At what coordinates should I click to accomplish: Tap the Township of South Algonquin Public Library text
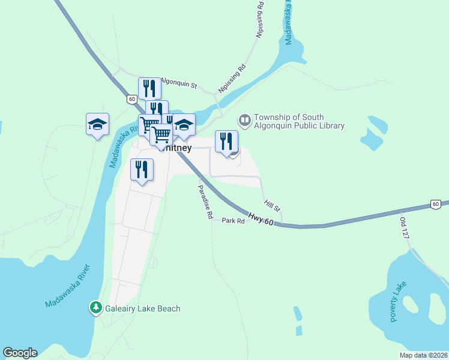[299, 121]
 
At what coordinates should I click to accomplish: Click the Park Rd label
[234, 221]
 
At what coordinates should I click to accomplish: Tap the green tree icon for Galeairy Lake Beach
[95, 308]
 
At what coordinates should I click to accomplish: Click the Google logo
[20, 353]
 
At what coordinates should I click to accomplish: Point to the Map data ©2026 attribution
[423, 355]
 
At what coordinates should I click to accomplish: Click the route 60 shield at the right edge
[436, 205]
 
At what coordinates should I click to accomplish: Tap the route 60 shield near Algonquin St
[131, 99]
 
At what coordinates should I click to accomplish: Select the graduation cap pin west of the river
[97, 124]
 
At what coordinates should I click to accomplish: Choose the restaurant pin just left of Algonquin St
[149, 88]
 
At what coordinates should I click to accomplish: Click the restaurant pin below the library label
[226, 142]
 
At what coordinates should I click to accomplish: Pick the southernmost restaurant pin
[142, 170]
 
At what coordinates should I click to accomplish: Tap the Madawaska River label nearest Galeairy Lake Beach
[67, 286]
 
